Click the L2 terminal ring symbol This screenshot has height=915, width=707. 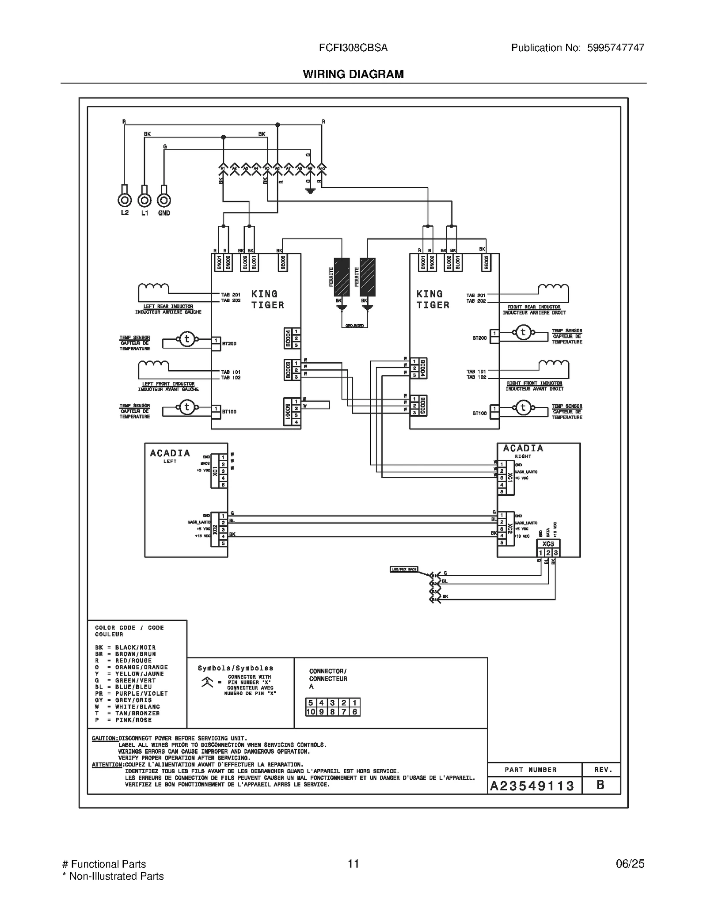(x=125, y=201)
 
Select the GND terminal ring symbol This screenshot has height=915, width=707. (x=164, y=201)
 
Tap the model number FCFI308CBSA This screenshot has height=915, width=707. (x=353, y=48)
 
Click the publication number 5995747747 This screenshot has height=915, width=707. (x=616, y=48)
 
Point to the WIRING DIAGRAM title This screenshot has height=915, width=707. (x=353, y=74)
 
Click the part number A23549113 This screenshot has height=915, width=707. (x=532, y=786)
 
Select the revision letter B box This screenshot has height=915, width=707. (x=601, y=785)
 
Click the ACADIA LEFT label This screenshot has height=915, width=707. (x=170, y=456)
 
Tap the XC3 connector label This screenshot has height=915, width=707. (x=548, y=544)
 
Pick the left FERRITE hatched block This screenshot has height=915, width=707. (x=342, y=277)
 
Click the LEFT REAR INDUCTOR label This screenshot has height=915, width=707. (x=168, y=306)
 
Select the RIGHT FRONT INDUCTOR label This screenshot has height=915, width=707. (x=534, y=383)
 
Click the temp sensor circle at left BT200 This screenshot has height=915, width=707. (x=186, y=339)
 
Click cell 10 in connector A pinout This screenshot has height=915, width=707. (x=311, y=712)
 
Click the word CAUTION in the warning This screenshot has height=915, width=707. (x=105, y=738)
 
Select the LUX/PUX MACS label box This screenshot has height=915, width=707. (x=404, y=569)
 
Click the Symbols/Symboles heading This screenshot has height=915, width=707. (x=235, y=668)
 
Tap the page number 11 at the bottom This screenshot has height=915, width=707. (x=353, y=864)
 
